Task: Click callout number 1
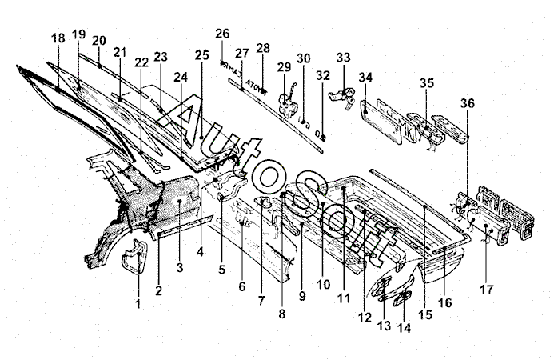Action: (x=138, y=304)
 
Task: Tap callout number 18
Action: (x=58, y=38)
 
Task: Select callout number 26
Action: (x=222, y=33)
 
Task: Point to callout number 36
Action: (x=468, y=102)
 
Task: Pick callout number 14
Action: (x=403, y=327)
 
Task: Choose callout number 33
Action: (x=344, y=58)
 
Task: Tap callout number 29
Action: (x=282, y=68)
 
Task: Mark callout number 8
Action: (x=281, y=314)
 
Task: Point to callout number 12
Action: (x=365, y=317)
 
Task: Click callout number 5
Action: (x=222, y=270)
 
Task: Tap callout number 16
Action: (x=445, y=302)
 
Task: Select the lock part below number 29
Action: (x=287, y=101)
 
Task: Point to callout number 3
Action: (x=180, y=266)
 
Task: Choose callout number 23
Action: (x=161, y=57)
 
